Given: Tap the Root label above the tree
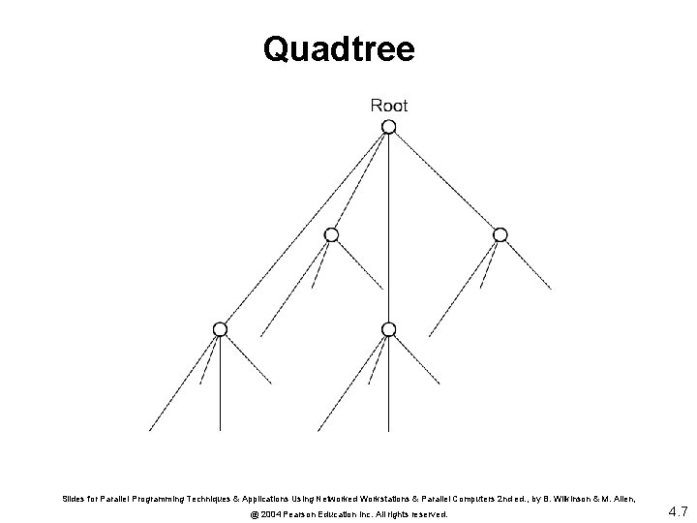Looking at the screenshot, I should pos(389,106).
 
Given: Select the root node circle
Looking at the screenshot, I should pos(389,128).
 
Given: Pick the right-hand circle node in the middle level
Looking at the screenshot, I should pos(500,234).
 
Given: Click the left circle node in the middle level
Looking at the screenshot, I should pos(331,234).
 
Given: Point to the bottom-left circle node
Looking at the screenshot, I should pos(221,329).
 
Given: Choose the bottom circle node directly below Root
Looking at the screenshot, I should pos(389,329).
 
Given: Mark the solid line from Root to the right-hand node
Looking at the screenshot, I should pos(445,181).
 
